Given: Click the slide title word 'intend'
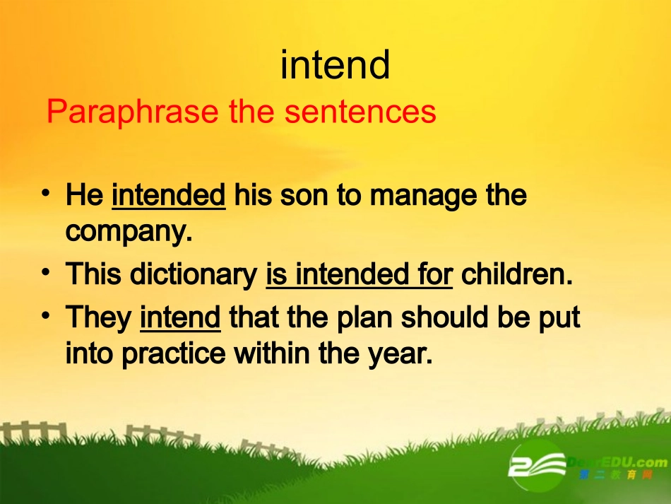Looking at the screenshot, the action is click(x=335, y=64).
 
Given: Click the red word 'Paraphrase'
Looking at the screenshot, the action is click(x=132, y=112).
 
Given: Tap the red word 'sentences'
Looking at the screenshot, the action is click(x=360, y=112).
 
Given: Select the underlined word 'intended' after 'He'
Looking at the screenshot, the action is click(x=169, y=195).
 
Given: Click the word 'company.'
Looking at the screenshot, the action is click(x=129, y=232).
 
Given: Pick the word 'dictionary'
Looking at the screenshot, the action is click(x=194, y=274).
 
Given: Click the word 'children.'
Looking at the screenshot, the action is click(x=517, y=274).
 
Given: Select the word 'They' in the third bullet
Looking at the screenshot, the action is click(x=98, y=317).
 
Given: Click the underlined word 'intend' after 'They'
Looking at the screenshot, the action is click(x=180, y=317).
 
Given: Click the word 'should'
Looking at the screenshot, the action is click(x=445, y=317).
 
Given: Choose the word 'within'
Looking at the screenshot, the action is click(x=272, y=353).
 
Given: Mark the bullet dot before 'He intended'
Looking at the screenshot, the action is click(x=46, y=193).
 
